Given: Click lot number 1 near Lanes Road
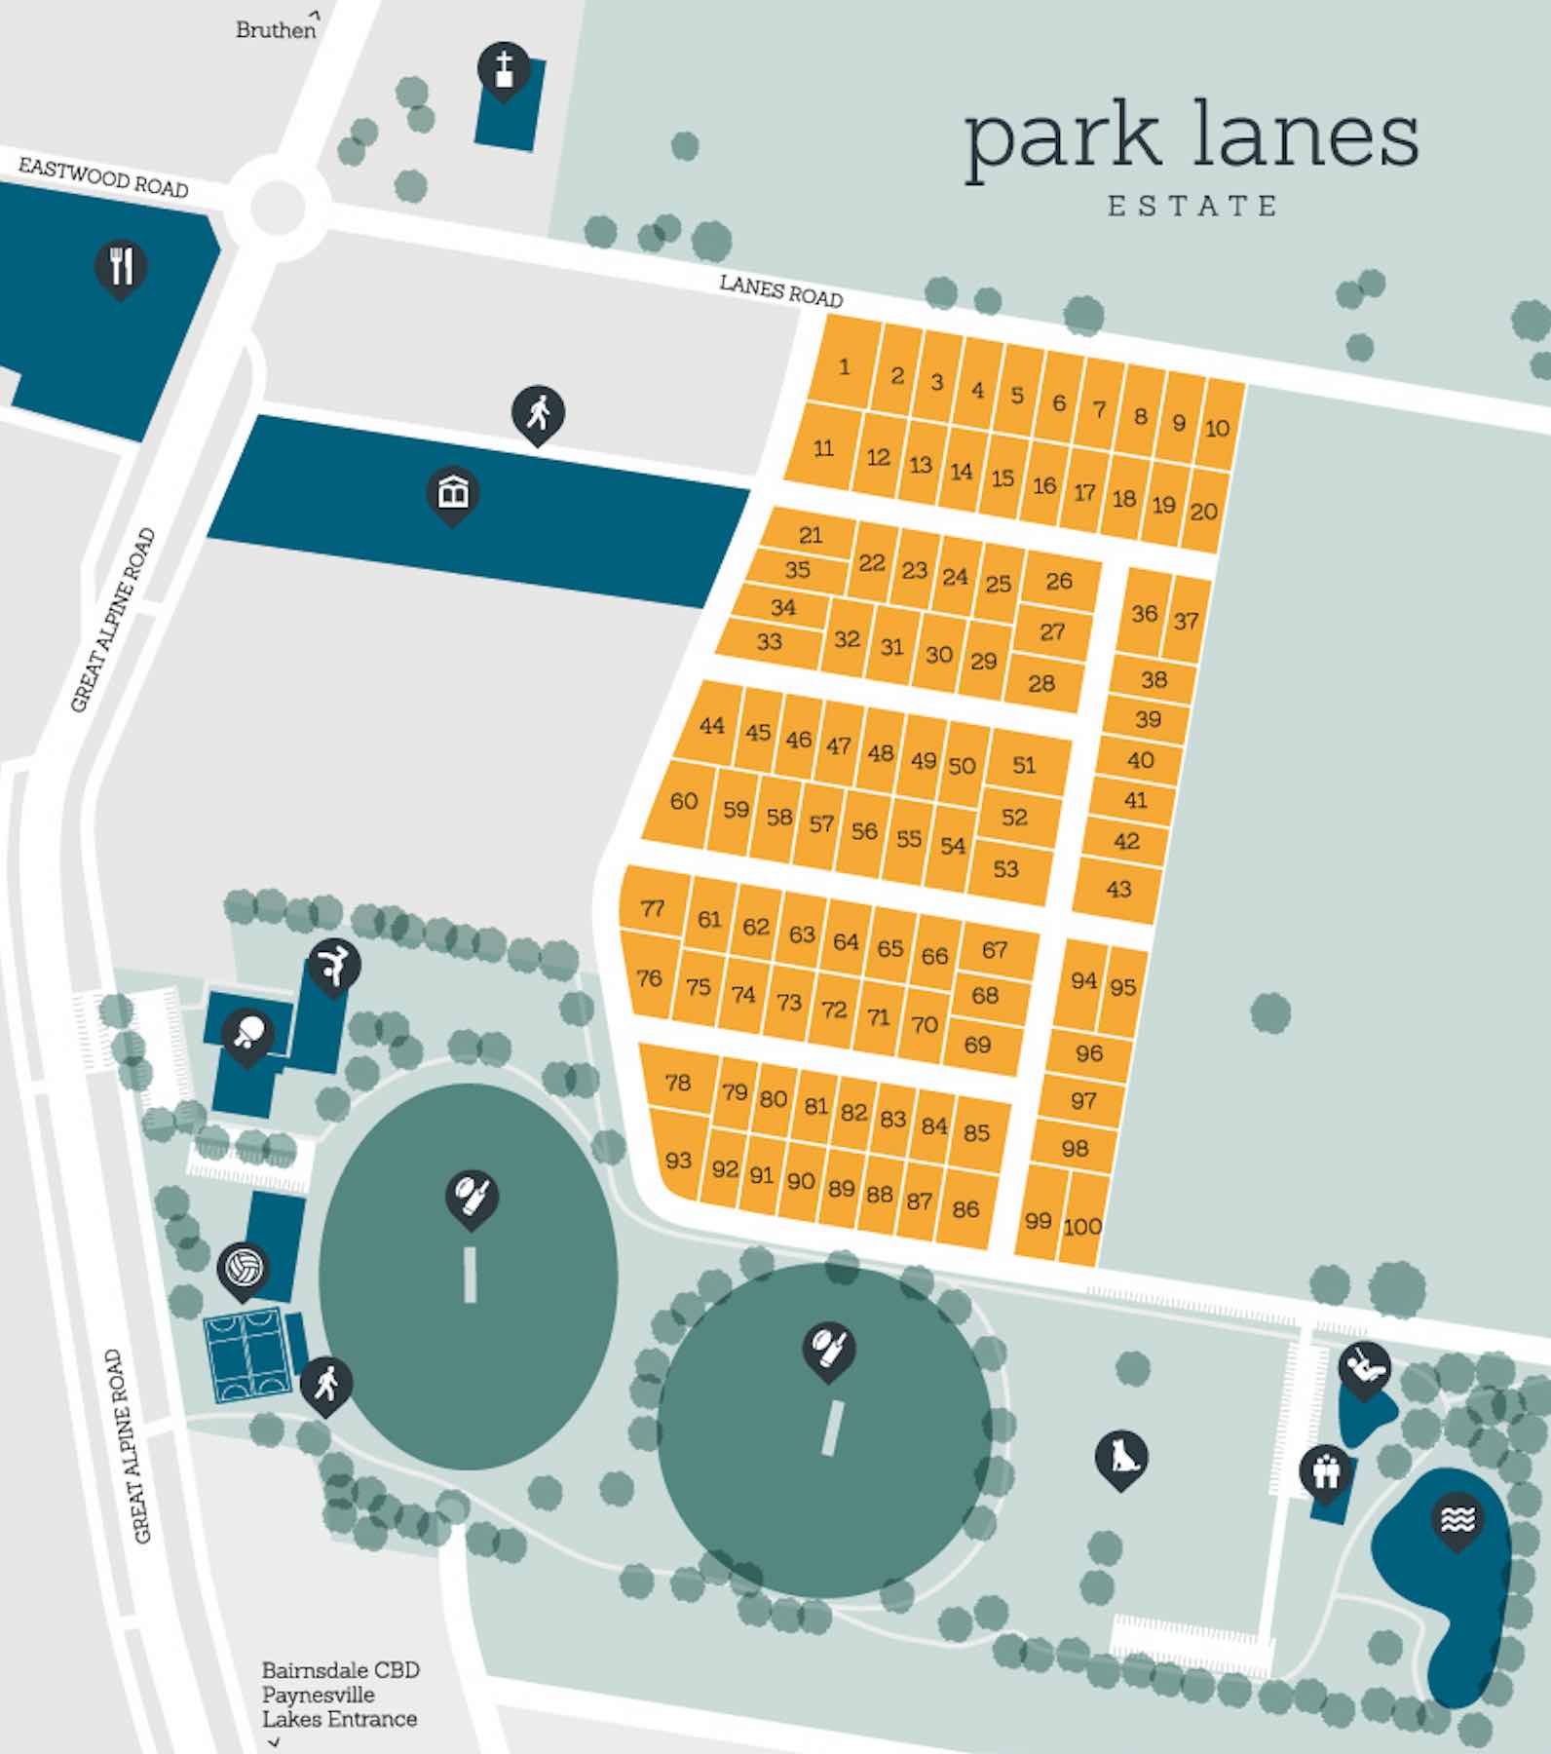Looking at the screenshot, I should pos(844,366).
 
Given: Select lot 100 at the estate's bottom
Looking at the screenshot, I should pos(1081,1227).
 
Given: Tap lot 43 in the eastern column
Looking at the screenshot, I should pos(1118,888).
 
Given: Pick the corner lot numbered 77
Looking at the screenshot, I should pos(653,908).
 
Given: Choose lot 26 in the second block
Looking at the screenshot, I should pos(1059,581).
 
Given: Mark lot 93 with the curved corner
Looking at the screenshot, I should pos(678,1160).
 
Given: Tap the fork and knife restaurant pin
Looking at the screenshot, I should pos(121,265).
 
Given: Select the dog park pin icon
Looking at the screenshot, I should pos(1121,1456).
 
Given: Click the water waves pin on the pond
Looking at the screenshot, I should pos(1457,1518).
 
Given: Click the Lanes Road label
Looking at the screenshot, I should pos(780,289).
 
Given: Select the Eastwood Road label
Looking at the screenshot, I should pos(103,178).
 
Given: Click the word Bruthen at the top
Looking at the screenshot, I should pos(276,30).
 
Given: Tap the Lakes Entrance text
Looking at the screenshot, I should pos(339,1718).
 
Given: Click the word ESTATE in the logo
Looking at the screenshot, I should pos(1192,206).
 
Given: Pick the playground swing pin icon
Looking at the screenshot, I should pos(1364,1367).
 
